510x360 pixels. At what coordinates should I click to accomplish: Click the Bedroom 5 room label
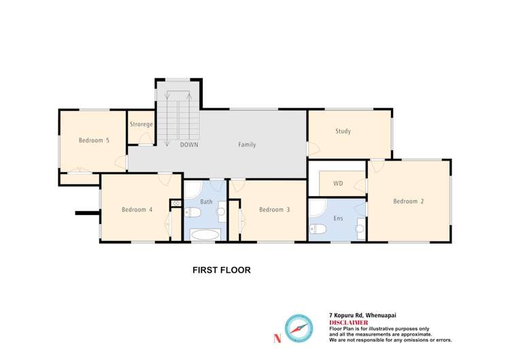point(94,141)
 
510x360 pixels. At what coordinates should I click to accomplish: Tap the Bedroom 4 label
point(137,210)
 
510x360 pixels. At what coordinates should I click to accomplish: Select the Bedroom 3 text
point(274,210)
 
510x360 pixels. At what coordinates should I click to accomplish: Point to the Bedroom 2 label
point(409,201)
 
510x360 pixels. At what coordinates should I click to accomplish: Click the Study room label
point(343,131)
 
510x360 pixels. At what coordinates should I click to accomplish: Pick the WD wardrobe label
point(338,184)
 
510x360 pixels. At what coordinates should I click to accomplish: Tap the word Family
point(247,145)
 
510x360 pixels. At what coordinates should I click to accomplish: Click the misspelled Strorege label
point(141,125)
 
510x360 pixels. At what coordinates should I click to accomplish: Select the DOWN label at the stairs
point(189,145)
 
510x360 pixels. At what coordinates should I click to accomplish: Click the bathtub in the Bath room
point(205,235)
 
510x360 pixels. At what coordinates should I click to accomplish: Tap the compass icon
point(297,328)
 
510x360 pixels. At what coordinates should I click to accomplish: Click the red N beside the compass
point(276,338)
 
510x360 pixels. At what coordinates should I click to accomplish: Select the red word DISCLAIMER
point(349,322)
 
